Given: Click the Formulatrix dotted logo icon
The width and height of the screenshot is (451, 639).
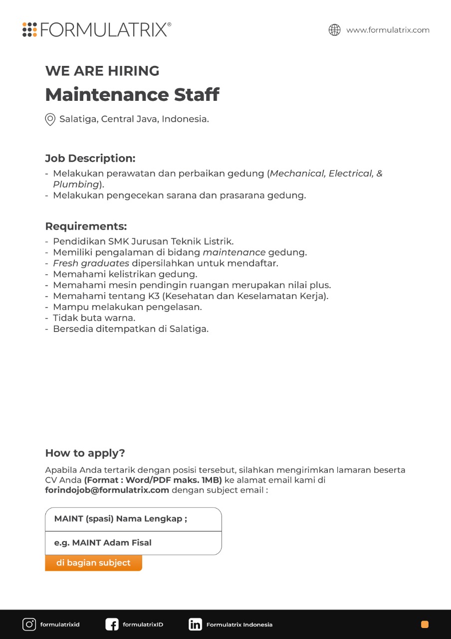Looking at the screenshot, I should pyautogui.click(x=30, y=29).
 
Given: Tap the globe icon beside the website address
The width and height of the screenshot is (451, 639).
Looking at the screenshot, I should pyautogui.click(x=334, y=30).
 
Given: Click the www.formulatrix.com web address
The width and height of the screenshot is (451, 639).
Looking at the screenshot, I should pyautogui.click(x=388, y=30).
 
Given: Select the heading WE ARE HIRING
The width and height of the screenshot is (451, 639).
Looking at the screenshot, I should pyautogui.click(x=102, y=71).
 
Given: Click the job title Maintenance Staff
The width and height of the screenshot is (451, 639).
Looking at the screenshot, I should pyautogui.click(x=132, y=94).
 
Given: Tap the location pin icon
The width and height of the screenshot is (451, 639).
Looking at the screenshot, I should pyautogui.click(x=50, y=119).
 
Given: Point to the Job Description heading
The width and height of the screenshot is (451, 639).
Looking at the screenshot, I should pyautogui.click(x=90, y=158).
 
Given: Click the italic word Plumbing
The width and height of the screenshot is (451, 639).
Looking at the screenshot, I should pyautogui.click(x=76, y=184).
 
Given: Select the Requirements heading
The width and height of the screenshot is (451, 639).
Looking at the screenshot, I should pyautogui.click(x=86, y=226).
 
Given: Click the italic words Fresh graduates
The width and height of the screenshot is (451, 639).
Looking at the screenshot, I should pyautogui.click(x=91, y=263).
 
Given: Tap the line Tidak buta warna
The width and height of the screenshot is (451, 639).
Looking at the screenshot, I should pyautogui.click(x=94, y=318).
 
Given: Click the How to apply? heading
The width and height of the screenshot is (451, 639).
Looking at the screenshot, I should pyautogui.click(x=85, y=453).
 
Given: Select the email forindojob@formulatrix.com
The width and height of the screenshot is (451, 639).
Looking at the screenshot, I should pyautogui.click(x=107, y=490).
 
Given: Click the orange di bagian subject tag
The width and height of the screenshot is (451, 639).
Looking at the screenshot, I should pyautogui.click(x=93, y=563).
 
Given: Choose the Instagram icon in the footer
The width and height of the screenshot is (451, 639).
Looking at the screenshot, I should pyautogui.click(x=29, y=624).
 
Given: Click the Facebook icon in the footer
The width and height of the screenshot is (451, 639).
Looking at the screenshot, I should pyautogui.click(x=112, y=624).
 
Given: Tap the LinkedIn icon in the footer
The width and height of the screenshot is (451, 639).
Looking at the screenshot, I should pyautogui.click(x=195, y=624).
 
